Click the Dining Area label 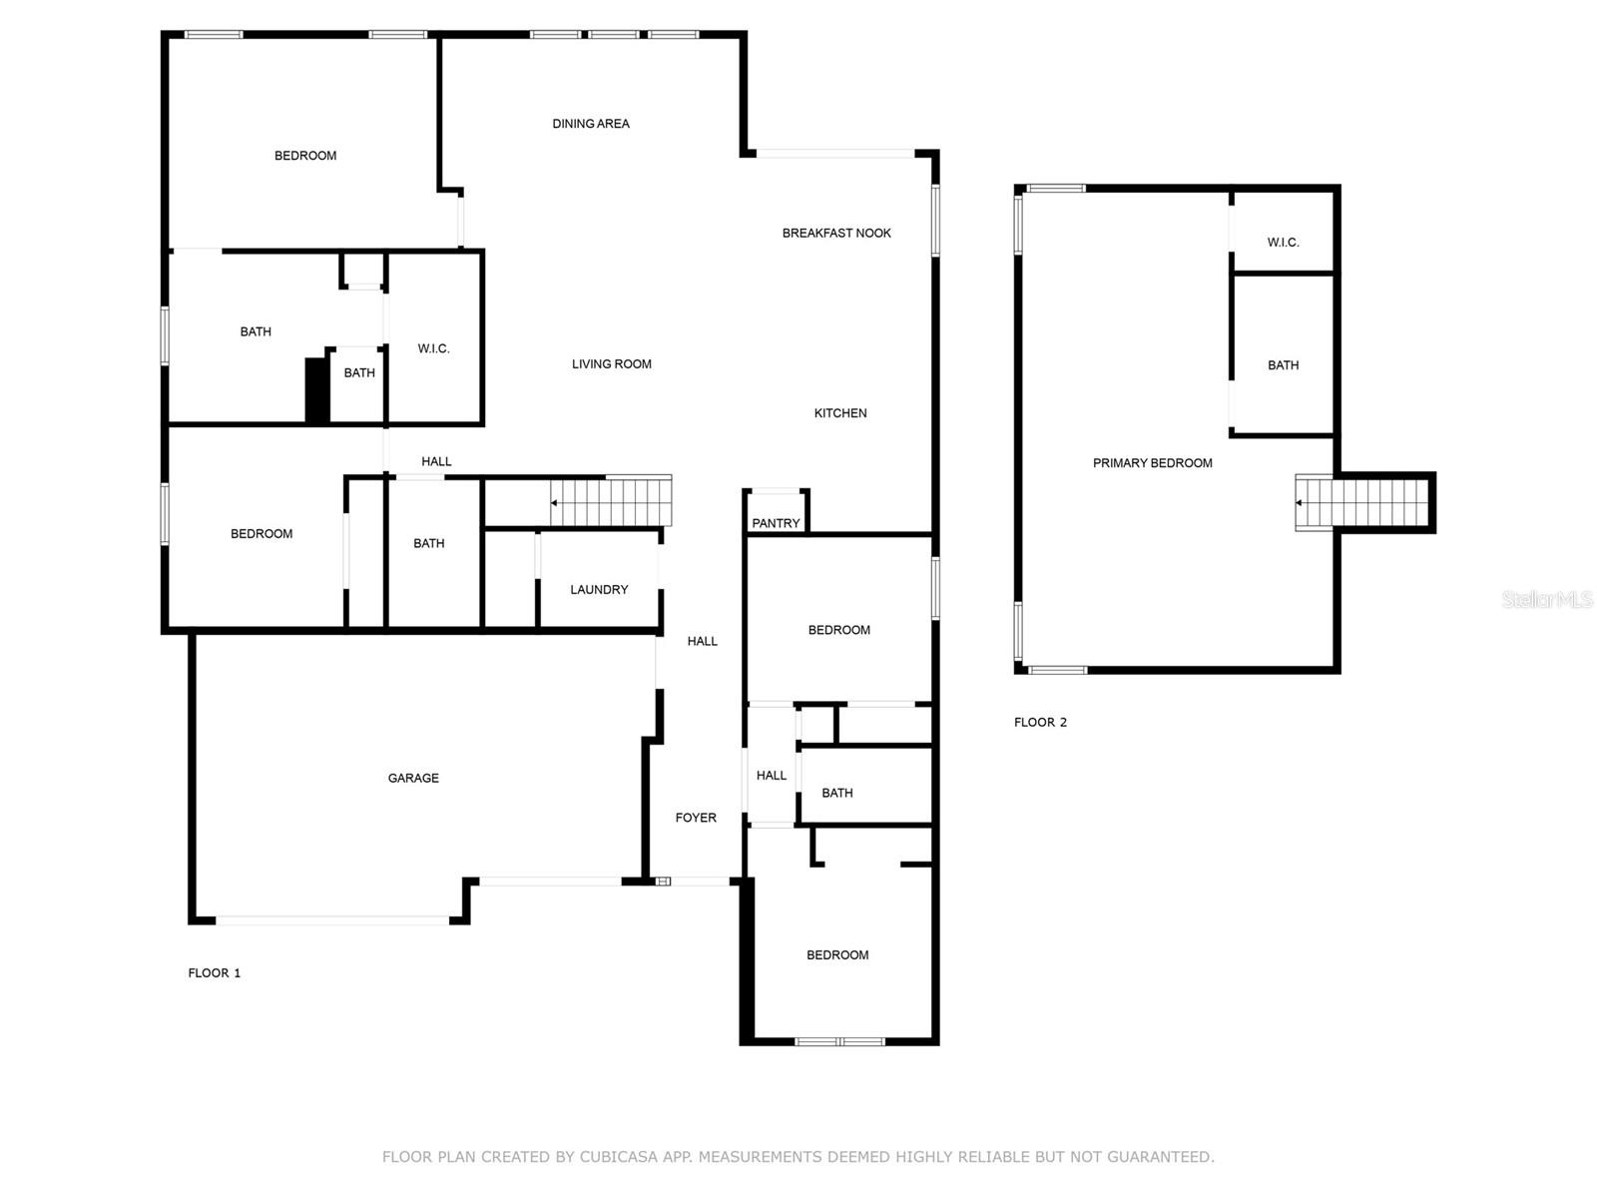(x=591, y=124)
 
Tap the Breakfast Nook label (x=836, y=233)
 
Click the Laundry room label (x=599, y=589)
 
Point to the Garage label (x=413, y=778)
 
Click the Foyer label (x=696, y=818)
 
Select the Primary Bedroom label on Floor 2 (x=1152, y=463)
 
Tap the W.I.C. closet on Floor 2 (x=1283, y=243)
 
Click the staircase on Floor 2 (x=1363, y=503)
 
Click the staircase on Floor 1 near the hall (x=611, y=501)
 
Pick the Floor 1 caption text (x=215, y=972)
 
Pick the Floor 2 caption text (x=1040, y=722)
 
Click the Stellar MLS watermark (x=1547, y=599)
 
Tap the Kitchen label (x=840, y=413)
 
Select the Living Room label (x=611, y=364)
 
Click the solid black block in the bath (x=317, y=389)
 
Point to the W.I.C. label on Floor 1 (x=433, y=348)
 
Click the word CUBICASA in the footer (x=622, y=1157)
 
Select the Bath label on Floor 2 (x=1283, y=365)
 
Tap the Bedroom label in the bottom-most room (x=837, y=955)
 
